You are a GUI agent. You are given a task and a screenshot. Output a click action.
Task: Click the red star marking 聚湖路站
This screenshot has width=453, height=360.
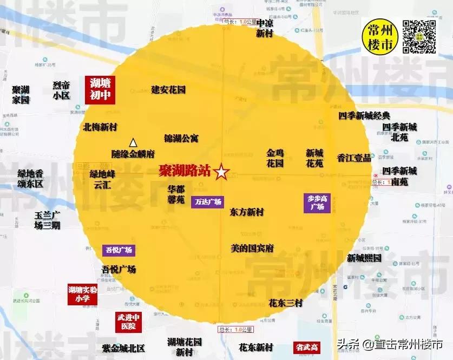(x=221, y=172)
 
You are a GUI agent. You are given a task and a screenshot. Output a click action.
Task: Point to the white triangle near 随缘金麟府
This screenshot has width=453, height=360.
(x=133, y=142)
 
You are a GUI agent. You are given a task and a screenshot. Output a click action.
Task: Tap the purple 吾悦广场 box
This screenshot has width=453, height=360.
(x=118, y=250)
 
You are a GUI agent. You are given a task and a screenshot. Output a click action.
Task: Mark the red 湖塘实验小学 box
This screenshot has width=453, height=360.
(x=82, y=294)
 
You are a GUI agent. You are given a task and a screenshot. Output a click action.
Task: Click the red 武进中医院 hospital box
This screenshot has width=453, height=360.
(x=128, y=322)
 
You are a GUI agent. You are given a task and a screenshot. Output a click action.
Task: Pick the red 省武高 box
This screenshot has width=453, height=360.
(x=306, y=346)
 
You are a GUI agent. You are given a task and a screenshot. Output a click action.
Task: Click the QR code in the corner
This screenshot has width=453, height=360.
(x=419, y=36)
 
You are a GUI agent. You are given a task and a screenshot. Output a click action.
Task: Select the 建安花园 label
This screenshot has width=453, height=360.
(x=168, y=89)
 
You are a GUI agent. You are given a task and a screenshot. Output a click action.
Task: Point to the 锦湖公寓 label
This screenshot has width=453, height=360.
(x=181, y=139)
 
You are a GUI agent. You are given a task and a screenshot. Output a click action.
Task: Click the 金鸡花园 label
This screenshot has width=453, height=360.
(x=275, y=158)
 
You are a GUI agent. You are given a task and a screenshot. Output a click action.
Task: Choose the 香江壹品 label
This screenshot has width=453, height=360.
(x=354, y=158)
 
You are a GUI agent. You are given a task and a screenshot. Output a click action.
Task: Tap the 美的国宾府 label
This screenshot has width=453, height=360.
(x=252, y=248)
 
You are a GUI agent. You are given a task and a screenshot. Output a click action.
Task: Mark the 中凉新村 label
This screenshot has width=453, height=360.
(x=265, y=28)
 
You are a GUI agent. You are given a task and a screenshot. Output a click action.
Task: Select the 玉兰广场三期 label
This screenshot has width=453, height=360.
(x=47, y=220)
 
